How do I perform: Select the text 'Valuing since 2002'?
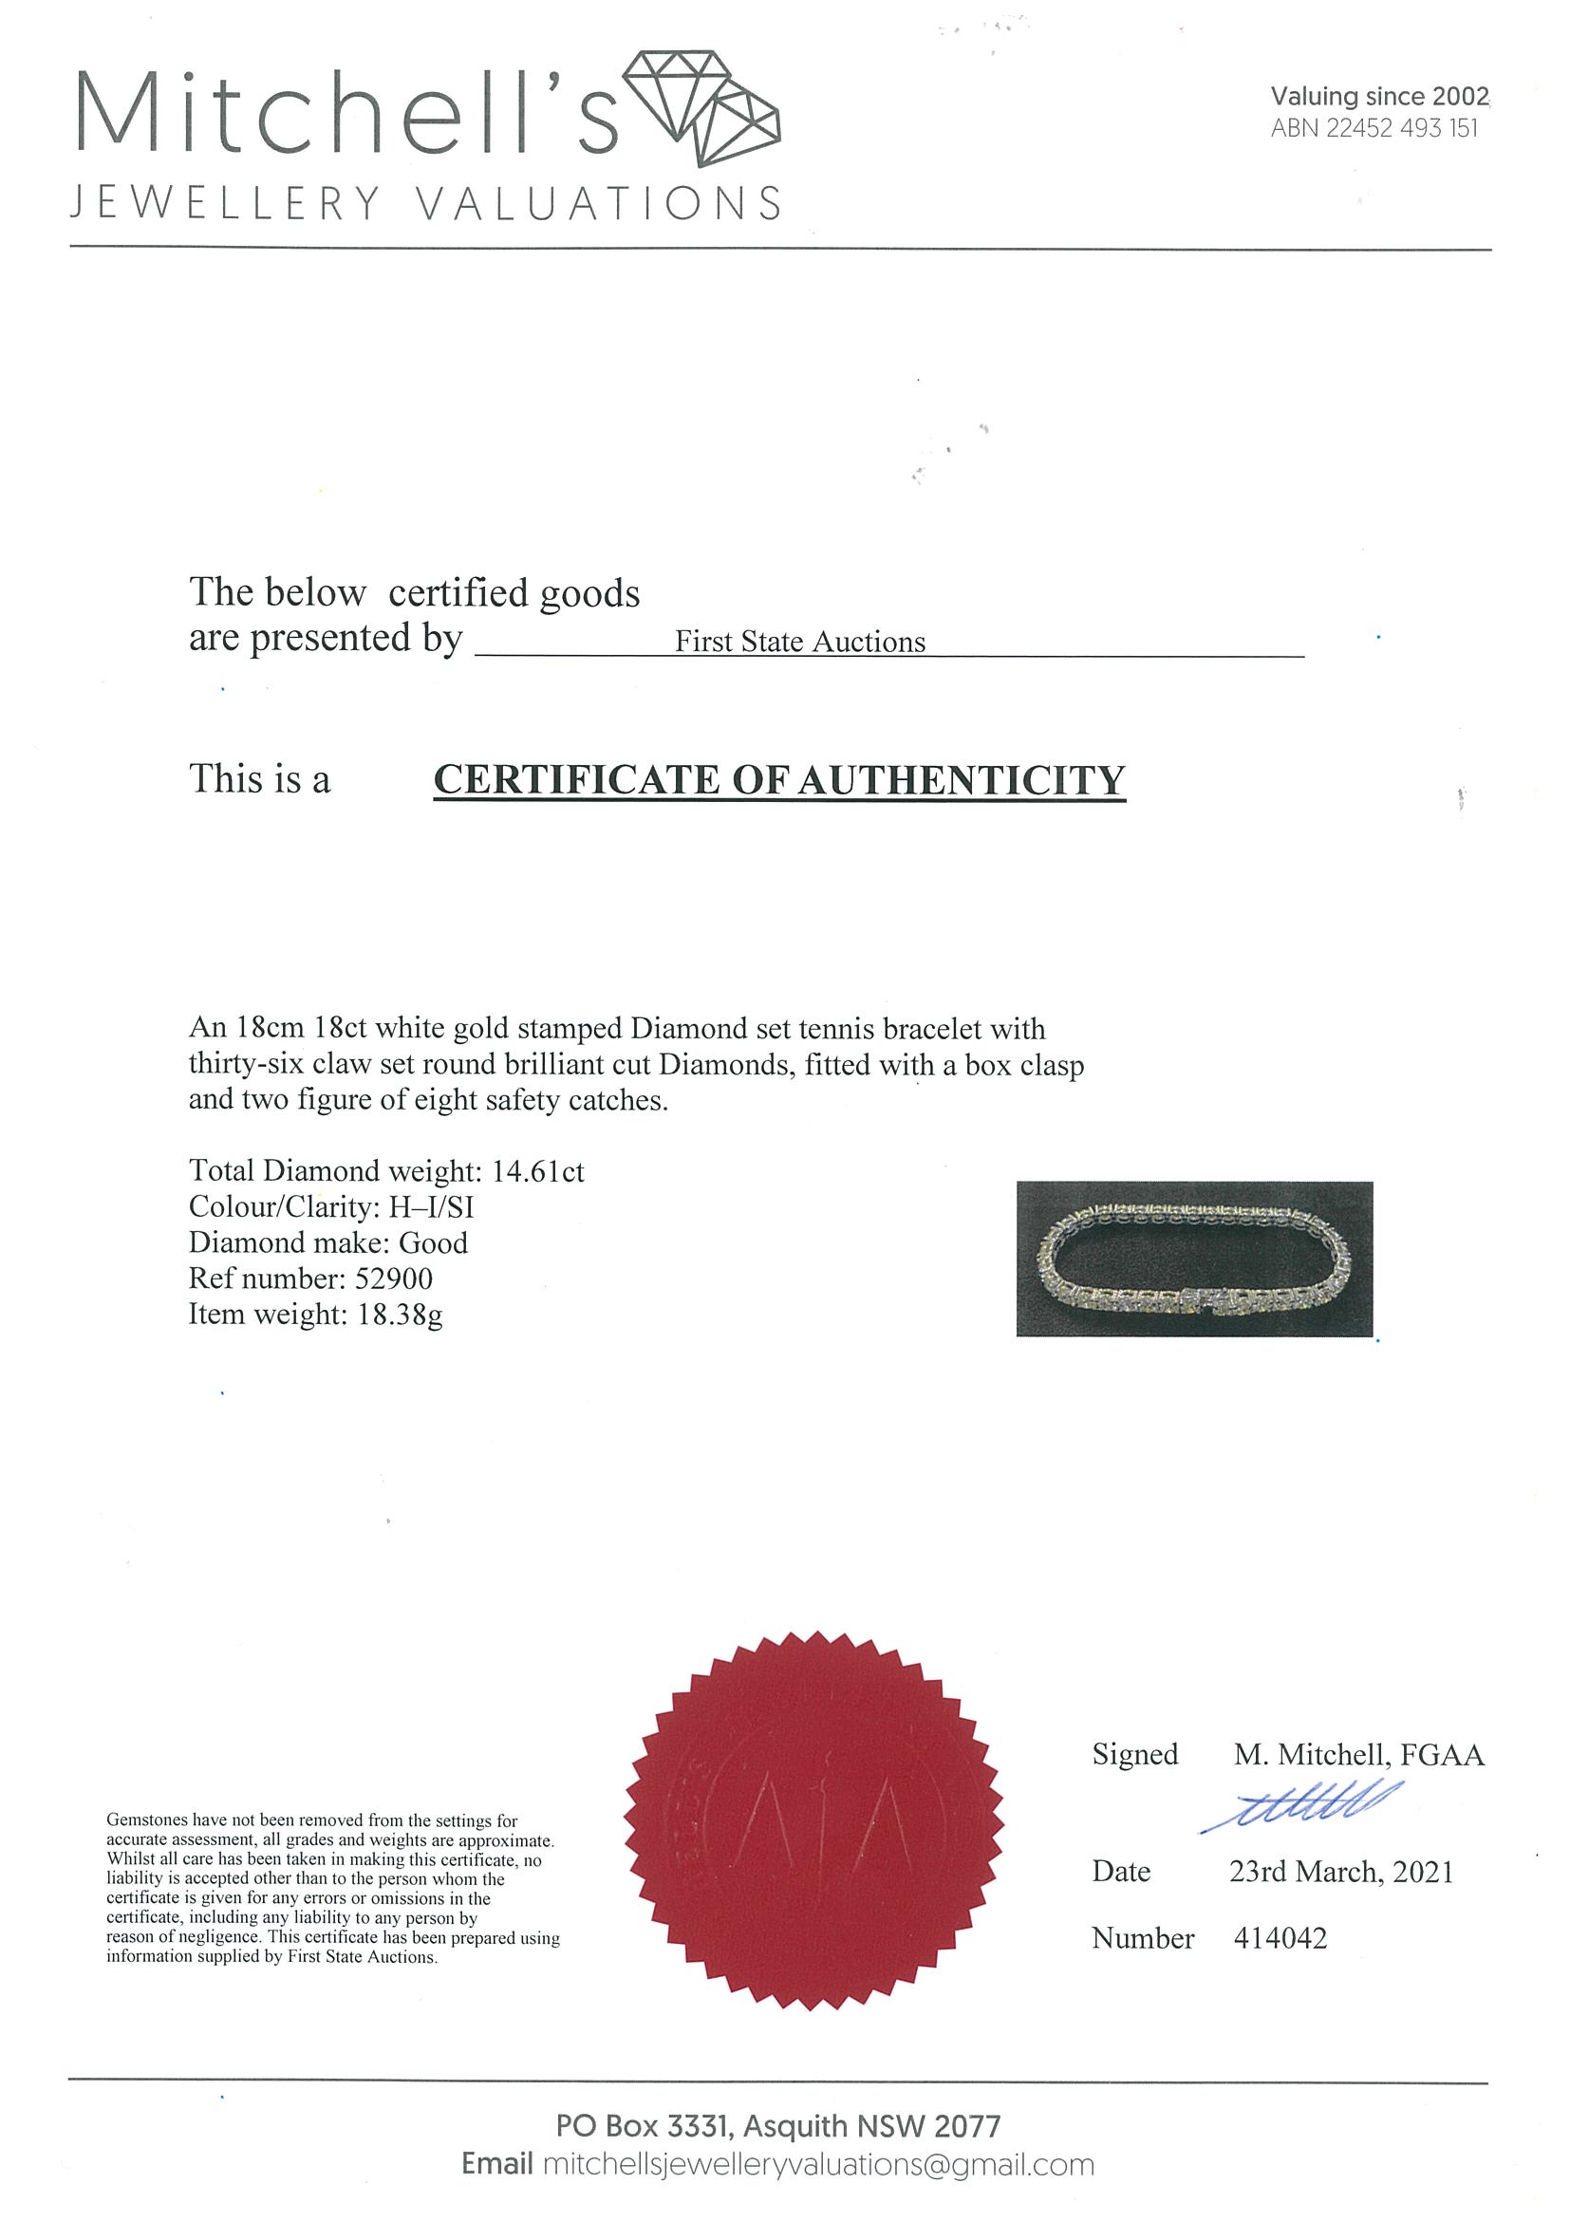pos(1378,96)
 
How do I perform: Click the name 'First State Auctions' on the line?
pos(799,642)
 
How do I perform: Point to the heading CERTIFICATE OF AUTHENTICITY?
pos(778,779)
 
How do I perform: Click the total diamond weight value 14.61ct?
pos(538,1171)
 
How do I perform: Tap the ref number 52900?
pos(393,1278)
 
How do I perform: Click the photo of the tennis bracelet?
pos(1194,1259)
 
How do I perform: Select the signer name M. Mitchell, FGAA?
pos(1358,1755)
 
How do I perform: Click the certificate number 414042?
pos(1280,1938)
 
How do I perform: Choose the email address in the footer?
pos(817,2165)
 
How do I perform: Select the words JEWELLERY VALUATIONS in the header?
pos(425,203)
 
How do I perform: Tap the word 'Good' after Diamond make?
pos(434,1243)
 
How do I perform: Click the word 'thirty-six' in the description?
pos(245,1064)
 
